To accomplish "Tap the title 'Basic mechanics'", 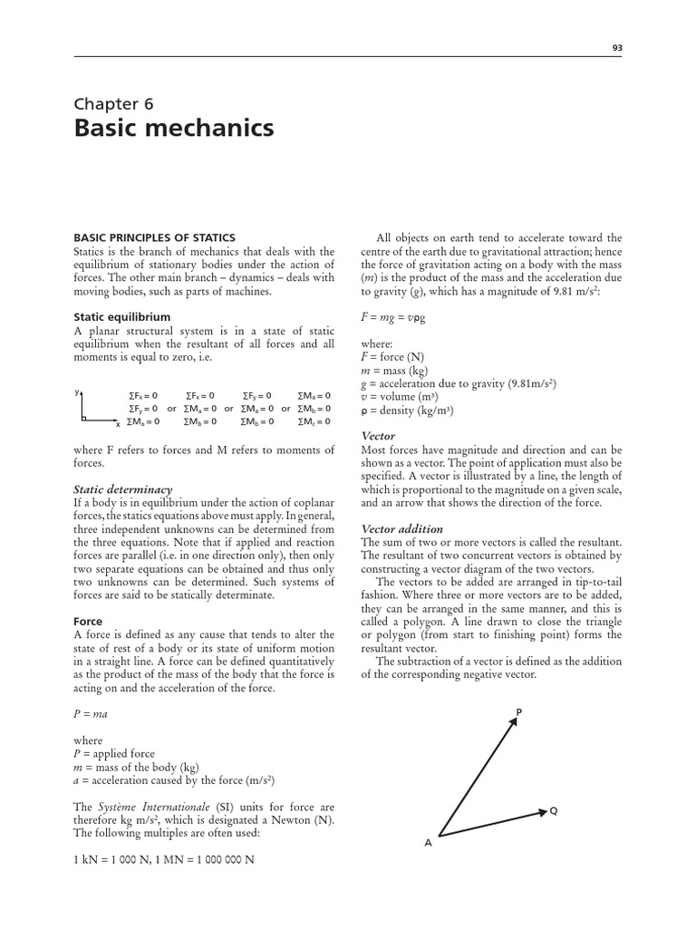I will (173, 129).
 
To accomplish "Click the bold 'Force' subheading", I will (88, 623).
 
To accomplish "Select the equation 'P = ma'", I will (92, 715).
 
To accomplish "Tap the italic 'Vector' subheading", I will (378, 436).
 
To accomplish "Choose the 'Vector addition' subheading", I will (402, 528).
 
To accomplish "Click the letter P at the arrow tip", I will (518, 712).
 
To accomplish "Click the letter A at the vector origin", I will (429, 843).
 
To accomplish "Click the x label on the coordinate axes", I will (118, 423).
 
